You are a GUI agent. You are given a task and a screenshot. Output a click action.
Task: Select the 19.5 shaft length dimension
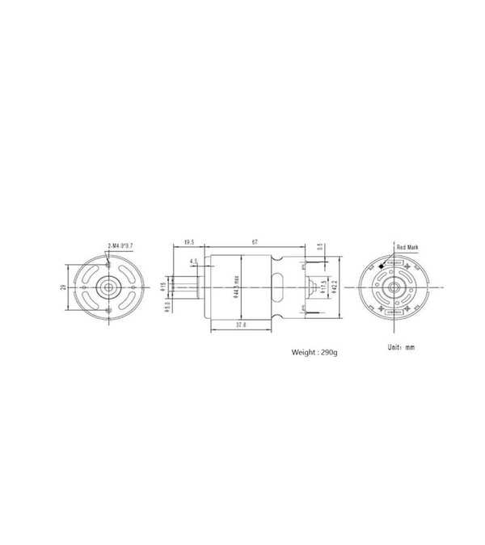click(188, 241)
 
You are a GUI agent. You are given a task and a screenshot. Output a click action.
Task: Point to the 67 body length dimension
click(255, 241)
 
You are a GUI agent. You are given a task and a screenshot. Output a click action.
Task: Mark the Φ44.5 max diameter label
click(236, 288)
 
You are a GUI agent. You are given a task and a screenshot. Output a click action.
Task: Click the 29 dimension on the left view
click(63, 287)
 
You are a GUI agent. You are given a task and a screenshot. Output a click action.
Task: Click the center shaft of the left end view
click(108, 287)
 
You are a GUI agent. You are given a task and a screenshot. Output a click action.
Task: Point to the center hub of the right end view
click(394, 287)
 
